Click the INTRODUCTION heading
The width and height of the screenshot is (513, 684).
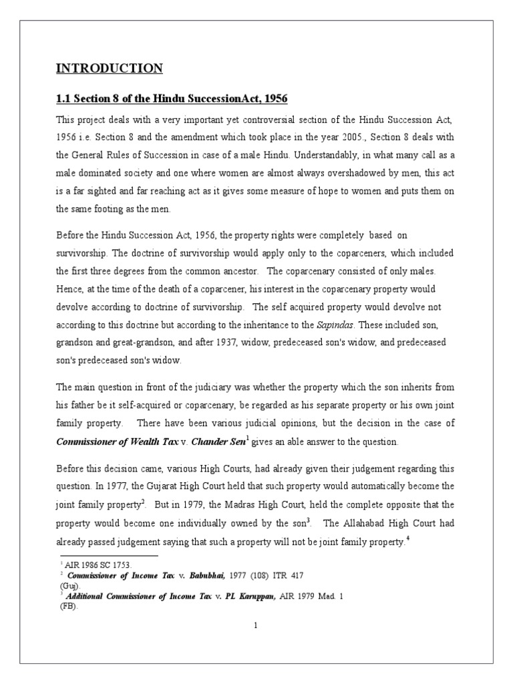(109, 68)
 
